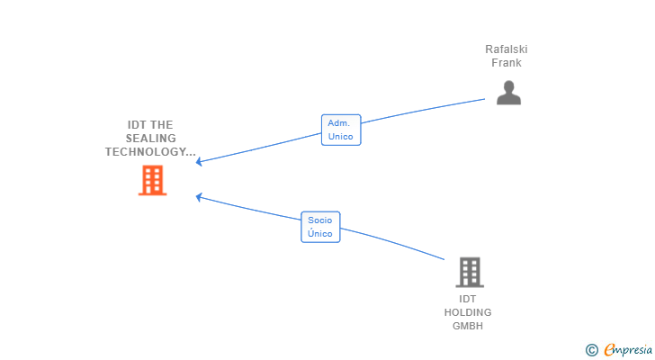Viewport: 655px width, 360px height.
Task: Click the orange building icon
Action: click(152, 180)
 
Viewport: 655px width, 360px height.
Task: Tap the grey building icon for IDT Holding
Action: click(470, 273)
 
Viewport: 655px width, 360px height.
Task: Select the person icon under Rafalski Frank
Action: click(509, 93)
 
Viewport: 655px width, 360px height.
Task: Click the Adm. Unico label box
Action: click(341, 130)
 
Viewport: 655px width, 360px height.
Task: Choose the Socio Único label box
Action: click(320, 227)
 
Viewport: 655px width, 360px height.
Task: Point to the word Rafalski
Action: click(507, 49)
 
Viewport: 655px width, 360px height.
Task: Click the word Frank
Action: click(507, 63)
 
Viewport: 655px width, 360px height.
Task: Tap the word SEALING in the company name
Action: click(151, 139)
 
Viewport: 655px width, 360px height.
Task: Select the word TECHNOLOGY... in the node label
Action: click(150, 151)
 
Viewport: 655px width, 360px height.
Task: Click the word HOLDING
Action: click(468, 312)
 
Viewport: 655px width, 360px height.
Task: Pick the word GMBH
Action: click(468, 326)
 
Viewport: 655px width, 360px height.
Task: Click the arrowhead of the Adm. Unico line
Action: click(199, 162)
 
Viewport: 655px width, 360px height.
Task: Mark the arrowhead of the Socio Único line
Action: click(199, 197)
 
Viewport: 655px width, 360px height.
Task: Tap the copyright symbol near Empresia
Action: click(591, 350)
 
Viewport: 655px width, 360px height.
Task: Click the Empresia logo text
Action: click(628, 350)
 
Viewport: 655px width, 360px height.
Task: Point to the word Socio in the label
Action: click(320, 220)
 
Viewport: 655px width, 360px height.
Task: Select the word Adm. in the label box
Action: click(339, 123)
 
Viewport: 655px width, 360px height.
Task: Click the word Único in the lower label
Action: click(320, 233)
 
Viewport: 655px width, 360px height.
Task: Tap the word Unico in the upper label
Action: click(340, 137)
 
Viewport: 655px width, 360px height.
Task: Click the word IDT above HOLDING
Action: click(468, 299)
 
